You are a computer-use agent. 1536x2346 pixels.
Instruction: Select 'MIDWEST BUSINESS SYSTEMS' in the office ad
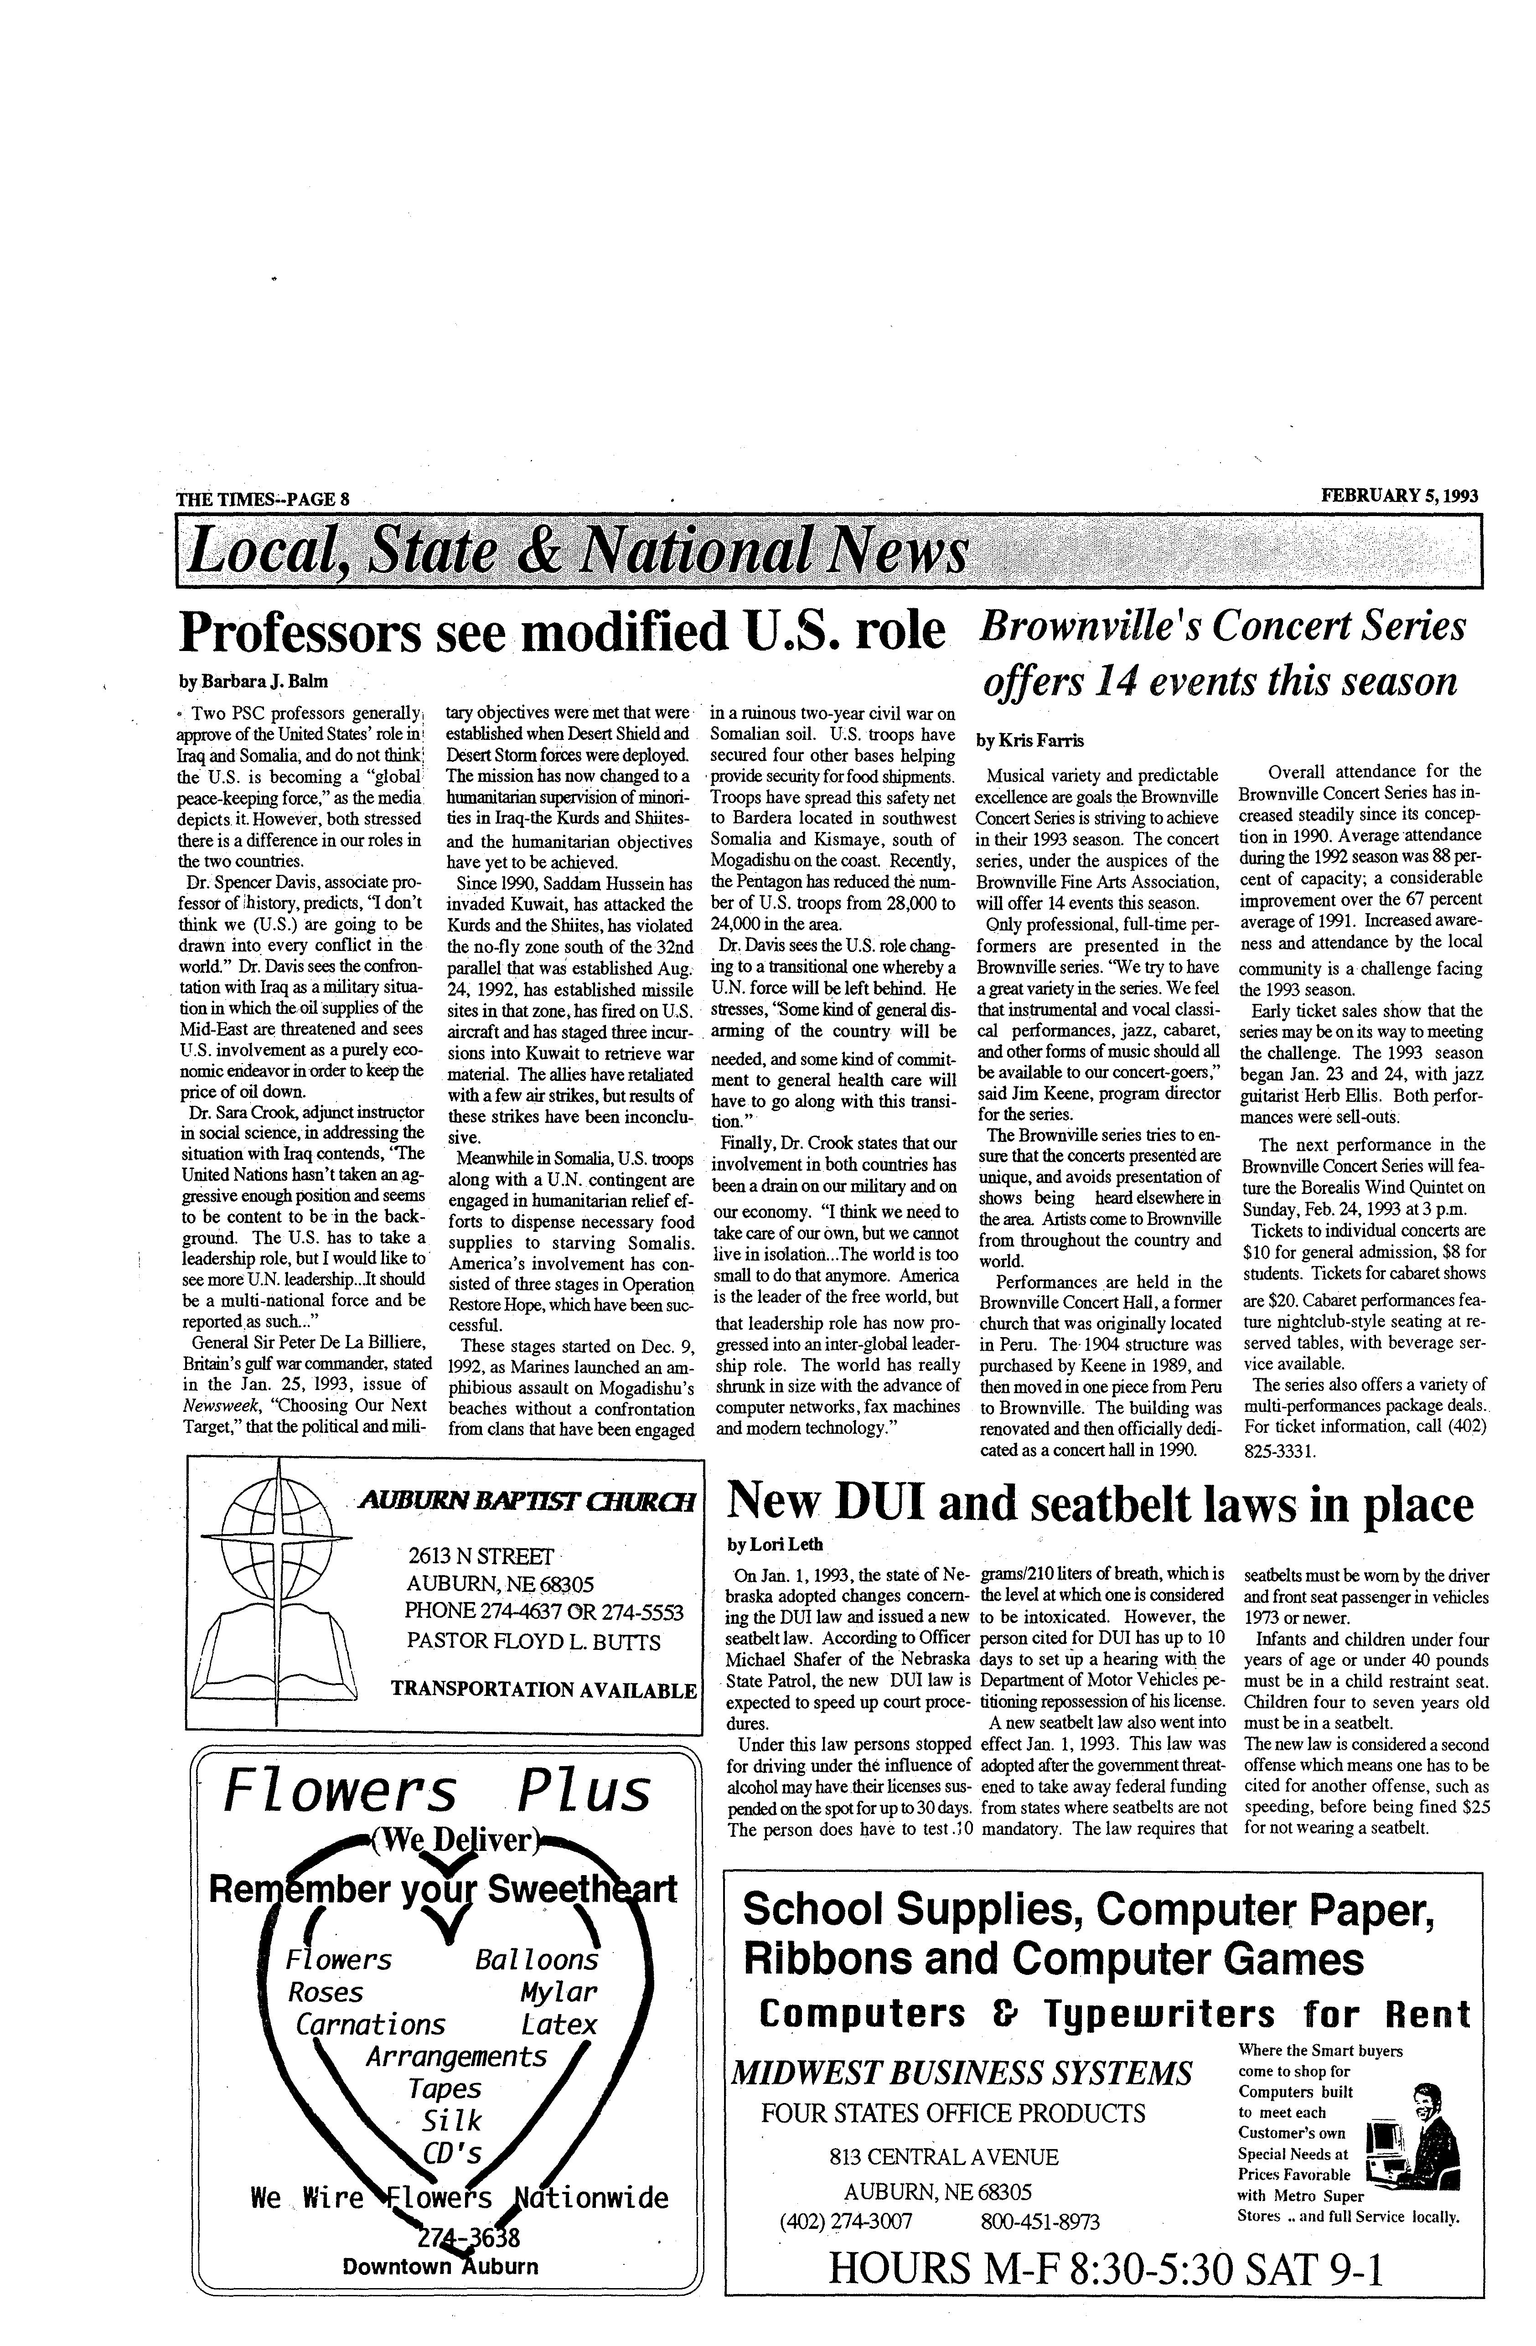pos(960,2073)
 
